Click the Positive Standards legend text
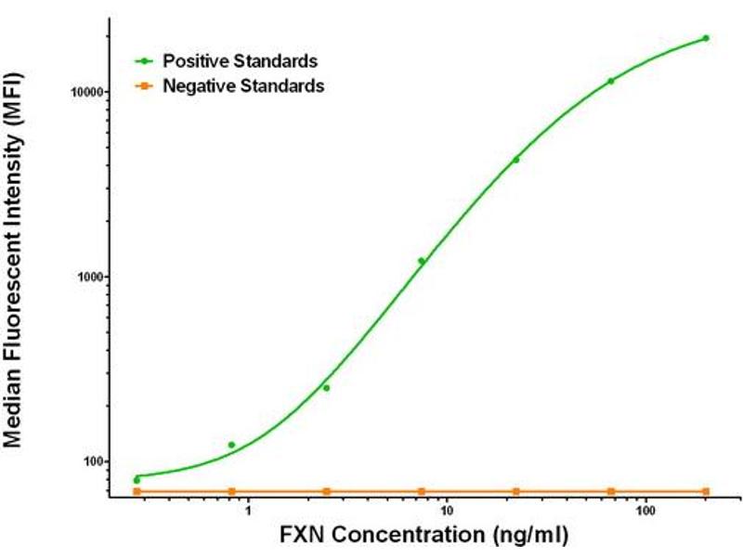(x=241, y=61)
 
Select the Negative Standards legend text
(x=243, y=86)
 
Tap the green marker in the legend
(x=145, y=61)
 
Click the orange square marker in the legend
(x=145, y=86)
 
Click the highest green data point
(x=706, y=38)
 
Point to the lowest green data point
(x=137, y=480)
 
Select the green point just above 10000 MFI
(x=610, y=81)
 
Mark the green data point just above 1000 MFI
(x=421, y=261)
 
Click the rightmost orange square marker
(x=706, y=491)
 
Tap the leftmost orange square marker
(x=137, y=491)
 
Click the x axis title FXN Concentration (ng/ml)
(x=424, y=537)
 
